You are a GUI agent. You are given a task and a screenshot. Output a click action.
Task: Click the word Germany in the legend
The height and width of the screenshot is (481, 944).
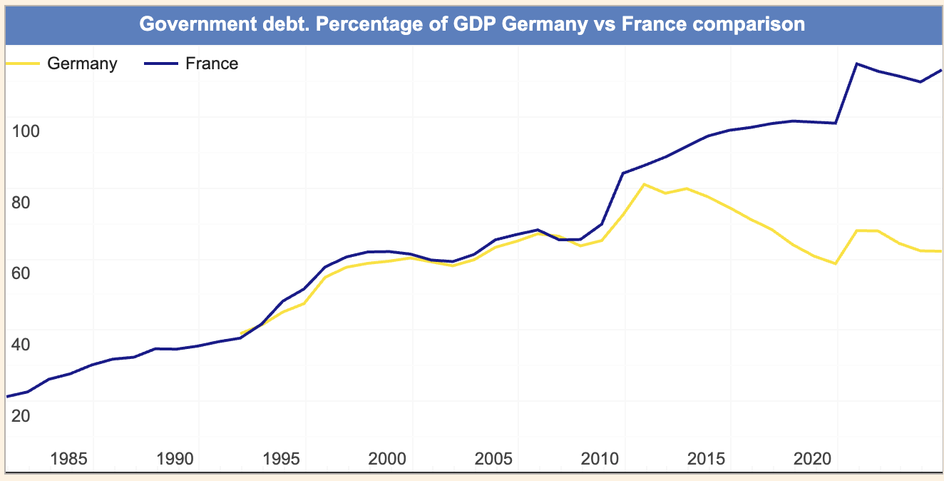[82, 64]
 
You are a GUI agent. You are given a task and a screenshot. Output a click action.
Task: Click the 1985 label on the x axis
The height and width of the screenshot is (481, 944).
[69, 457]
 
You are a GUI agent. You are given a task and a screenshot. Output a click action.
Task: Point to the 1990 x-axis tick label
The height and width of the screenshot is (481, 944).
[175, 457]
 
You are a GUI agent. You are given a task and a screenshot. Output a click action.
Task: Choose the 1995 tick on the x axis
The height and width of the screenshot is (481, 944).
[282, 457]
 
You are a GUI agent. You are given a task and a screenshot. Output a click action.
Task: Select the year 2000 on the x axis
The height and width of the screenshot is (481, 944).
[388, 457]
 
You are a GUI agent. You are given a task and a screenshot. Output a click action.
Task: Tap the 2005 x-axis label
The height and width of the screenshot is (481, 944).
[494, 457]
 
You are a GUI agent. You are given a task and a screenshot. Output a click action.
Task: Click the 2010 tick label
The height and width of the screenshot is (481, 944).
[600, 457]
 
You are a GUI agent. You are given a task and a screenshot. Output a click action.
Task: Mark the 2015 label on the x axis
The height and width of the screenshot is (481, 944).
[707, 457]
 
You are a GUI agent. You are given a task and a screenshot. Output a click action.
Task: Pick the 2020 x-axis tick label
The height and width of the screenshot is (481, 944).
[813, 457]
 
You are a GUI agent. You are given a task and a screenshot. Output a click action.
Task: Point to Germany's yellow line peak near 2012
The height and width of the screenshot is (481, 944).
[644, 184]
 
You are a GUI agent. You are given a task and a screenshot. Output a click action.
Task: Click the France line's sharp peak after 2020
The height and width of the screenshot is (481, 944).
[856, 64]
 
